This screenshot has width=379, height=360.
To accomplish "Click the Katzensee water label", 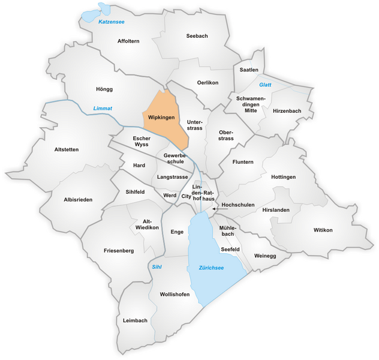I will pyautogui.click(x=112, y=22).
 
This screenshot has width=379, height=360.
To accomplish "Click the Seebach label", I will pyautogui.click(x=196, y=36).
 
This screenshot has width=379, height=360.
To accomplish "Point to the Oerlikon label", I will pyautogui.click(x=207, y=82).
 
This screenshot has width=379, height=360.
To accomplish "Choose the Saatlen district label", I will pyautogui.click(x=249, y=70).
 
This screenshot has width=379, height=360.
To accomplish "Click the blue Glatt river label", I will pyautogui.click(x=265, y=85).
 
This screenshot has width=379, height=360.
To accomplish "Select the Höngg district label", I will pyautogui.click(x=104, y=89).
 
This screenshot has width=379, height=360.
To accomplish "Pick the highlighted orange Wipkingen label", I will pyautogui.click(x=162, y=117).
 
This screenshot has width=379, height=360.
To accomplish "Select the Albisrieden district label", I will pyautogui.click(x=79, y=200).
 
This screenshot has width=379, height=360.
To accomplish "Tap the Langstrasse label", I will pyautogui.click(x=172, y=177).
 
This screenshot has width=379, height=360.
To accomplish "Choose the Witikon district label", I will pyautogui.click(x=322, y=230).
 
